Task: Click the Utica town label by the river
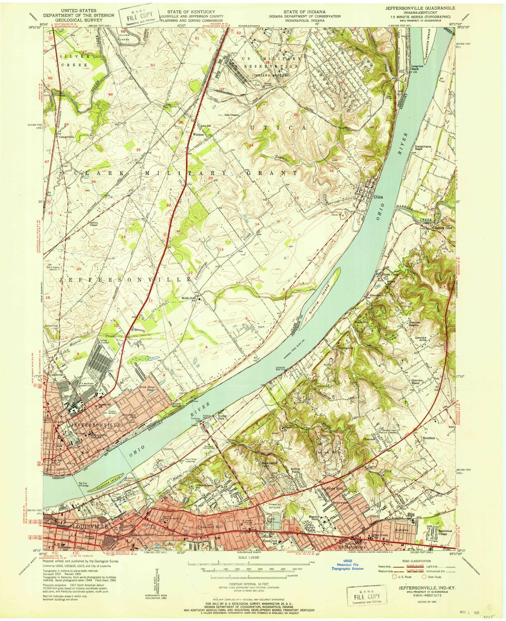pos(378,197)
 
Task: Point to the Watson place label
pos(198,134)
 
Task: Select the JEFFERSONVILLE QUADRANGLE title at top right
pos(420,8)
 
